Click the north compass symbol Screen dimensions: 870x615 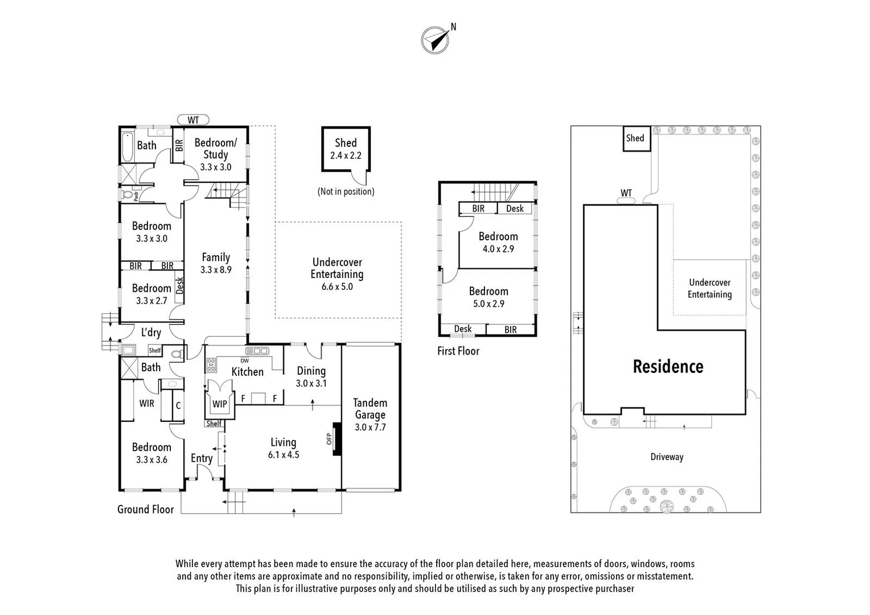[435, 40]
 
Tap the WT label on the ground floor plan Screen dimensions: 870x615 [193, 120]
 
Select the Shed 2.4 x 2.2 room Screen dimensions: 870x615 [346, 149]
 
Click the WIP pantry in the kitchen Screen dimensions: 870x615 [220, 404]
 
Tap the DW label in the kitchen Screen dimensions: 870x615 [245, 360]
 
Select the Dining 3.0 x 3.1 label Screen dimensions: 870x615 [311, 376]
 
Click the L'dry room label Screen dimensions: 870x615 [151, 333]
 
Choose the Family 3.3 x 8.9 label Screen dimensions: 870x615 [216, 263]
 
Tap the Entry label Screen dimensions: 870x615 [202, 458]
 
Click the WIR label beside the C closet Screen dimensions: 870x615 [147, 403]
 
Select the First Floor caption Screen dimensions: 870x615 [458, 351]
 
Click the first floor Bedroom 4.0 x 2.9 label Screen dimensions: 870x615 [498, 242]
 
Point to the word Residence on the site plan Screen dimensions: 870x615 [668, 367]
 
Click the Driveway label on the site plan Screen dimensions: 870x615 [667, 457]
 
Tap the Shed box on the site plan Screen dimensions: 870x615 [635, 138]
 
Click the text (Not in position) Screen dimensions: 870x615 [346, 192]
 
